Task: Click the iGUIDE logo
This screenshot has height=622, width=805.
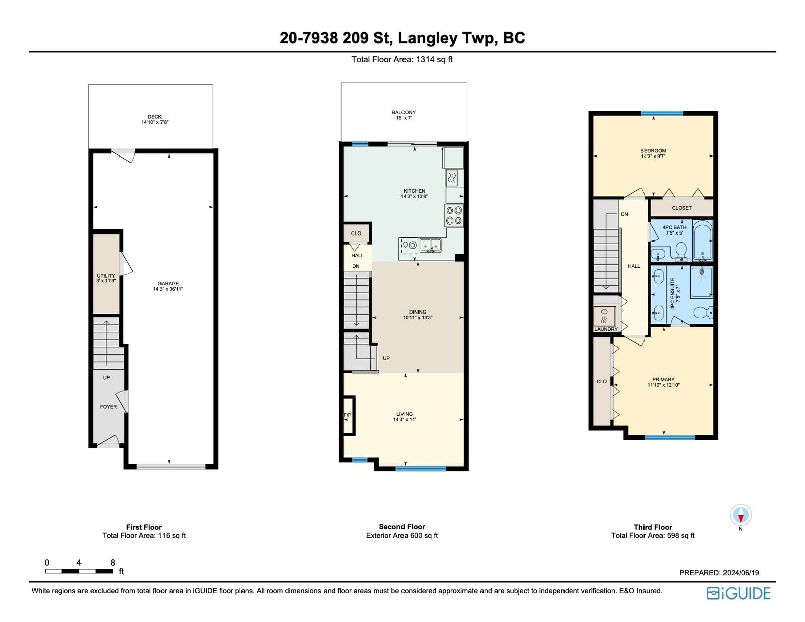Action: coord(739,593)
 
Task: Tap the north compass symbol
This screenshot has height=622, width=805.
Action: coord(741,515)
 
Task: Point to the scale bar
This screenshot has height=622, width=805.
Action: coord(79,571)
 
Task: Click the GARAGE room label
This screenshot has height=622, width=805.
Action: coord(168,286)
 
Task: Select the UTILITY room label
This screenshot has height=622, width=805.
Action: coord(106,278)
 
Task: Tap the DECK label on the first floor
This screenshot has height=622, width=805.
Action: coord(155,119)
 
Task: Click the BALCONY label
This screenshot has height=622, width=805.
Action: coord(404,115)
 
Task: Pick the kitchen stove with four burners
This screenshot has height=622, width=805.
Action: coord(454,215)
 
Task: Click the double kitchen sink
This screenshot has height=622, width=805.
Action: coord(431,245)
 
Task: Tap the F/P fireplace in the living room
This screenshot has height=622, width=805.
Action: coord(348,415)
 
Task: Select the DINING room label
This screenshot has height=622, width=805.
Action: coord(418,315)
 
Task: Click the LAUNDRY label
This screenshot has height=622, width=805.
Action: coord(606,329)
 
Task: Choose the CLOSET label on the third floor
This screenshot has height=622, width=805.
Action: coord(682,208)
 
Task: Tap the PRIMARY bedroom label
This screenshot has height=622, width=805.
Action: coord(663,382)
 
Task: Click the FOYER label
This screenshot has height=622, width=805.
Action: coord(108,407)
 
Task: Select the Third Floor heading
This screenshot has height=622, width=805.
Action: coord(653,527)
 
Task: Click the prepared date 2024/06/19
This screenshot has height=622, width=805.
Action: coord(741,572)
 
